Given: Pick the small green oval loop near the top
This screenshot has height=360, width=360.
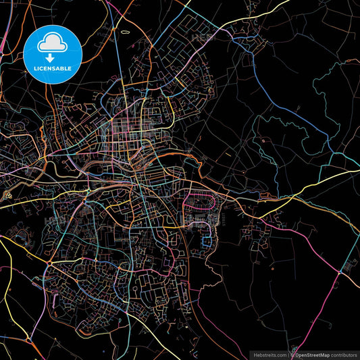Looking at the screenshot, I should [124, 32].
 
